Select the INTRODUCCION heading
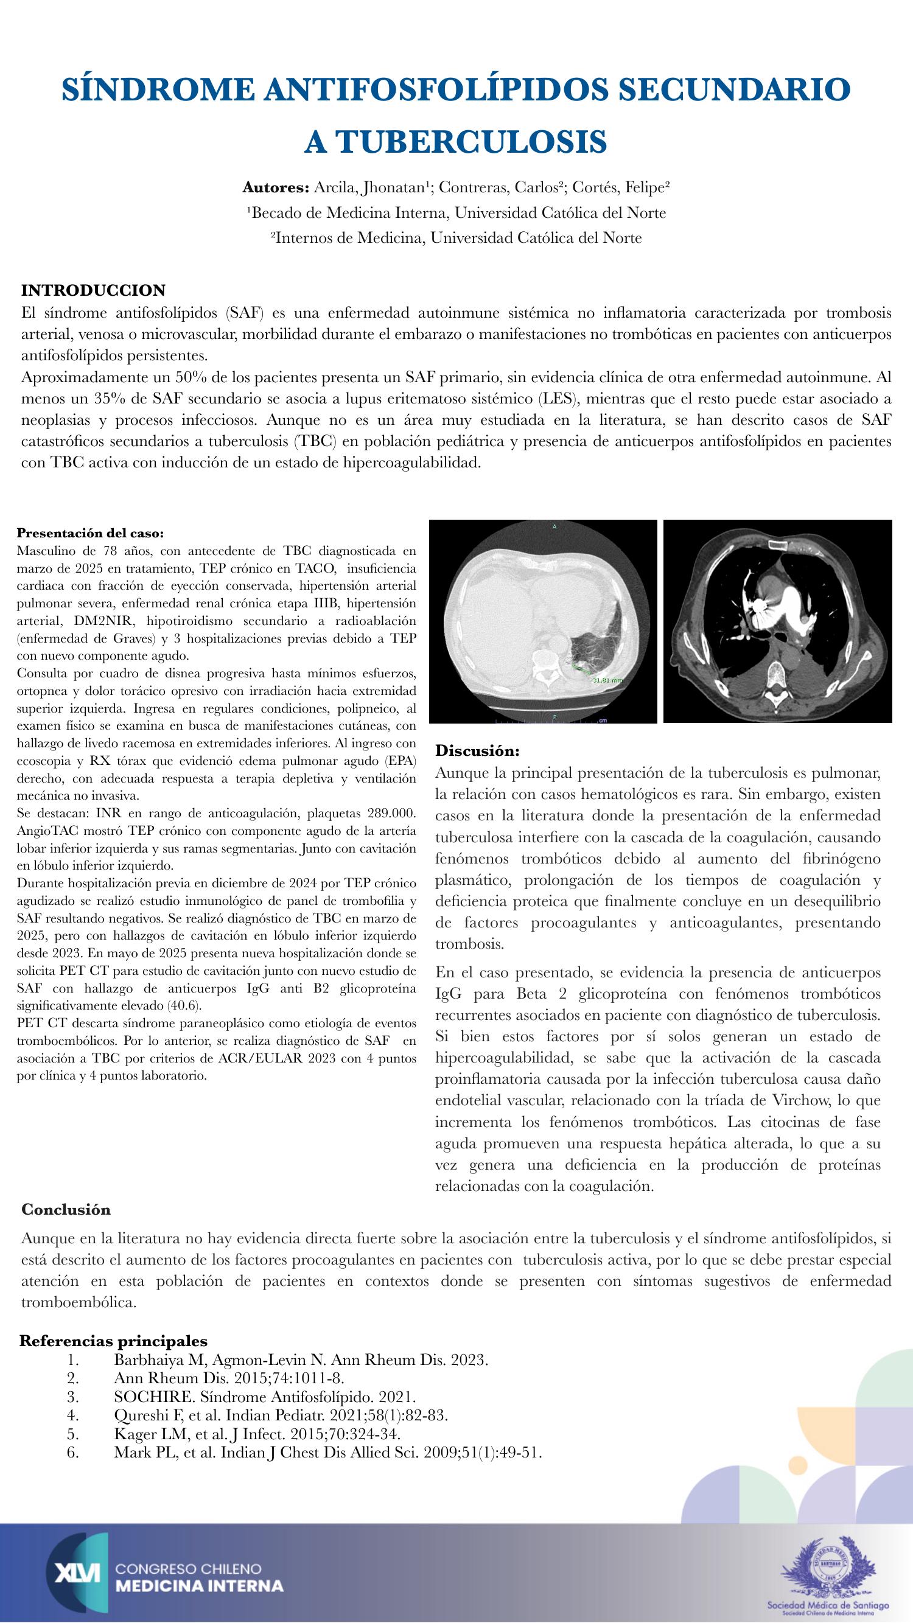click(93, 290)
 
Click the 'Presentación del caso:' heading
click(90, 533)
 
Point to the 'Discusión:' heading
click(477, 751)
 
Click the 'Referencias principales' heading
click(113, 1358)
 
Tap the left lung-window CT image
click(542, 621)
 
